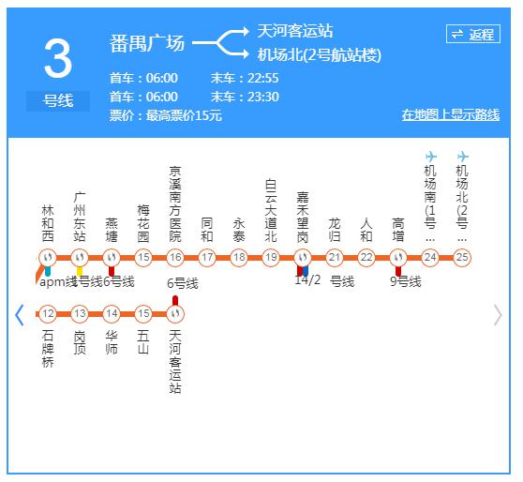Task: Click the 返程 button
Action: tap(472, 35)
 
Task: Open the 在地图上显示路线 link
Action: tap(450, 115)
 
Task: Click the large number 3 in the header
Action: tap(57, 60)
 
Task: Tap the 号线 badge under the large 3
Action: tap(57, 100)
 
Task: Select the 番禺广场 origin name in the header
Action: tap(147, 43)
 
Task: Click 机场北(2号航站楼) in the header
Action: tap(319, 55)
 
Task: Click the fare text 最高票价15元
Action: tap(179, 115)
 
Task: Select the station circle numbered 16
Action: tap(175, 258)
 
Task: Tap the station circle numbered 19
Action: tap(271, 258)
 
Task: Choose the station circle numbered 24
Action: tap(430, 258)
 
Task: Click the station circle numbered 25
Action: tap(462, 258)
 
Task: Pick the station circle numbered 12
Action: tap(48, 314)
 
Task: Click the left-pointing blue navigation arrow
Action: tap(19, 315)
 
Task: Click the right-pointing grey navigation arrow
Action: tap(498, 315)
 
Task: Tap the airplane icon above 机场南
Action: tap(431, 157)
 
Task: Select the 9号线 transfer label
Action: tap(405, 281)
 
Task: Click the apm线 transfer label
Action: tap(57, 281)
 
